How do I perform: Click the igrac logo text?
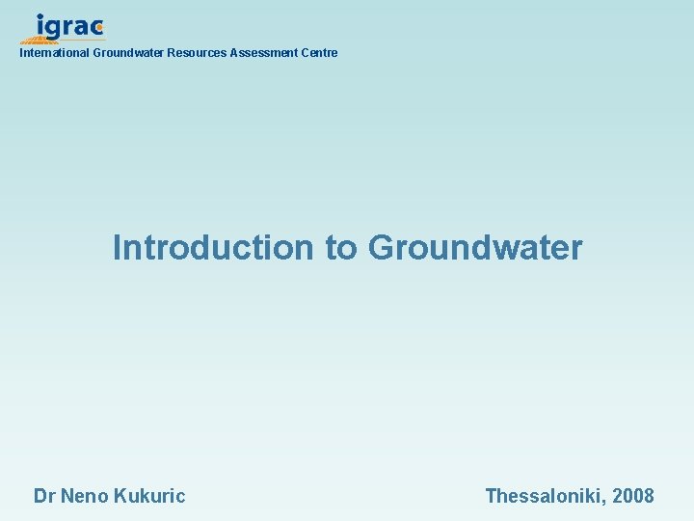pos(67,27)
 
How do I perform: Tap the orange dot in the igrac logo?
pos(99,28)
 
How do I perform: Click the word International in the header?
pos(54,53)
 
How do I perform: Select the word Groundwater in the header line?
pos(128,53)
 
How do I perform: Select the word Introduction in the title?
pos(213,248)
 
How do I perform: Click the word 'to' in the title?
pos(340,248)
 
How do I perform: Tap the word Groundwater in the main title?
pos(475,248)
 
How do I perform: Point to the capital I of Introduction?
pos(118,248)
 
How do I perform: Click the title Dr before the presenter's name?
pos(44,497)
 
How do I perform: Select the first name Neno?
pos(84,497)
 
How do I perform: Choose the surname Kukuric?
pos(149,497)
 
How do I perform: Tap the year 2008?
pos(632,497)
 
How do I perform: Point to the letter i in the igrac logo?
pos(40,26)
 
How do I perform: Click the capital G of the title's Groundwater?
pos(383,248)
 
